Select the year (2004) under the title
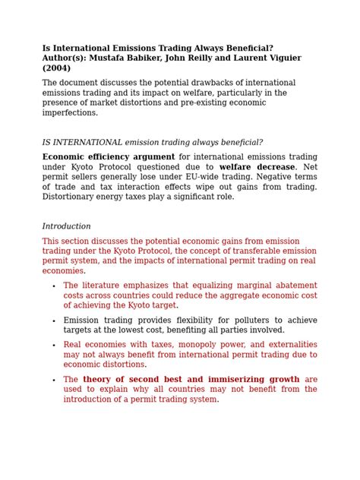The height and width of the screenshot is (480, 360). point(56,68)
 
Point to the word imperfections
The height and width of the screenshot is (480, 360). point(70,113)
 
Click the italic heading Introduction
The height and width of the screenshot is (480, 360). point(66,226)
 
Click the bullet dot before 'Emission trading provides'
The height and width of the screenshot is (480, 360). point(53,321)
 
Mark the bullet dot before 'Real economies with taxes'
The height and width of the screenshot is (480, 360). point(53,346)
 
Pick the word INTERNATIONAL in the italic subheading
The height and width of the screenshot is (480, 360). point(87,142)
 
